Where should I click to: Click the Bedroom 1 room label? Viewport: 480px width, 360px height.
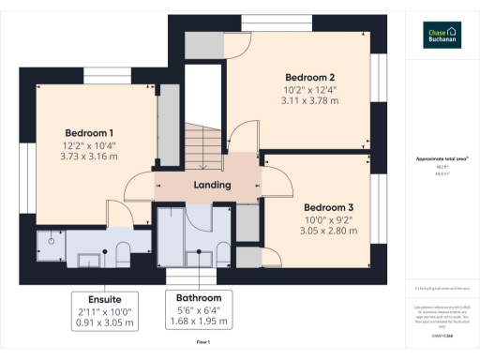tap(89, 132)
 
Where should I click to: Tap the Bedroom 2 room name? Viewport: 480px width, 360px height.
tap(309, 77)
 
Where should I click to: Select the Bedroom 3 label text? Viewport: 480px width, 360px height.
tap(328, 206)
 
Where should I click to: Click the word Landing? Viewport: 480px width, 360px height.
tap(212, 185)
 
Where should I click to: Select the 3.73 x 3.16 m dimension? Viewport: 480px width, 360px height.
tap(89, 157)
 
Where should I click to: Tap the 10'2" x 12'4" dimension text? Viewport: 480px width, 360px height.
tap(309, 90)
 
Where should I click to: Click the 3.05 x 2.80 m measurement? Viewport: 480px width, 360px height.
tap(328, 231)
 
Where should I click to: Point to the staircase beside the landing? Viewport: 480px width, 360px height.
tap(202, 141)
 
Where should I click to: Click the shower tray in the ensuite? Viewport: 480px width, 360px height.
tap(51, 243)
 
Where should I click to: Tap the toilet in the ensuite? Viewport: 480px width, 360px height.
tap(122, 250)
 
